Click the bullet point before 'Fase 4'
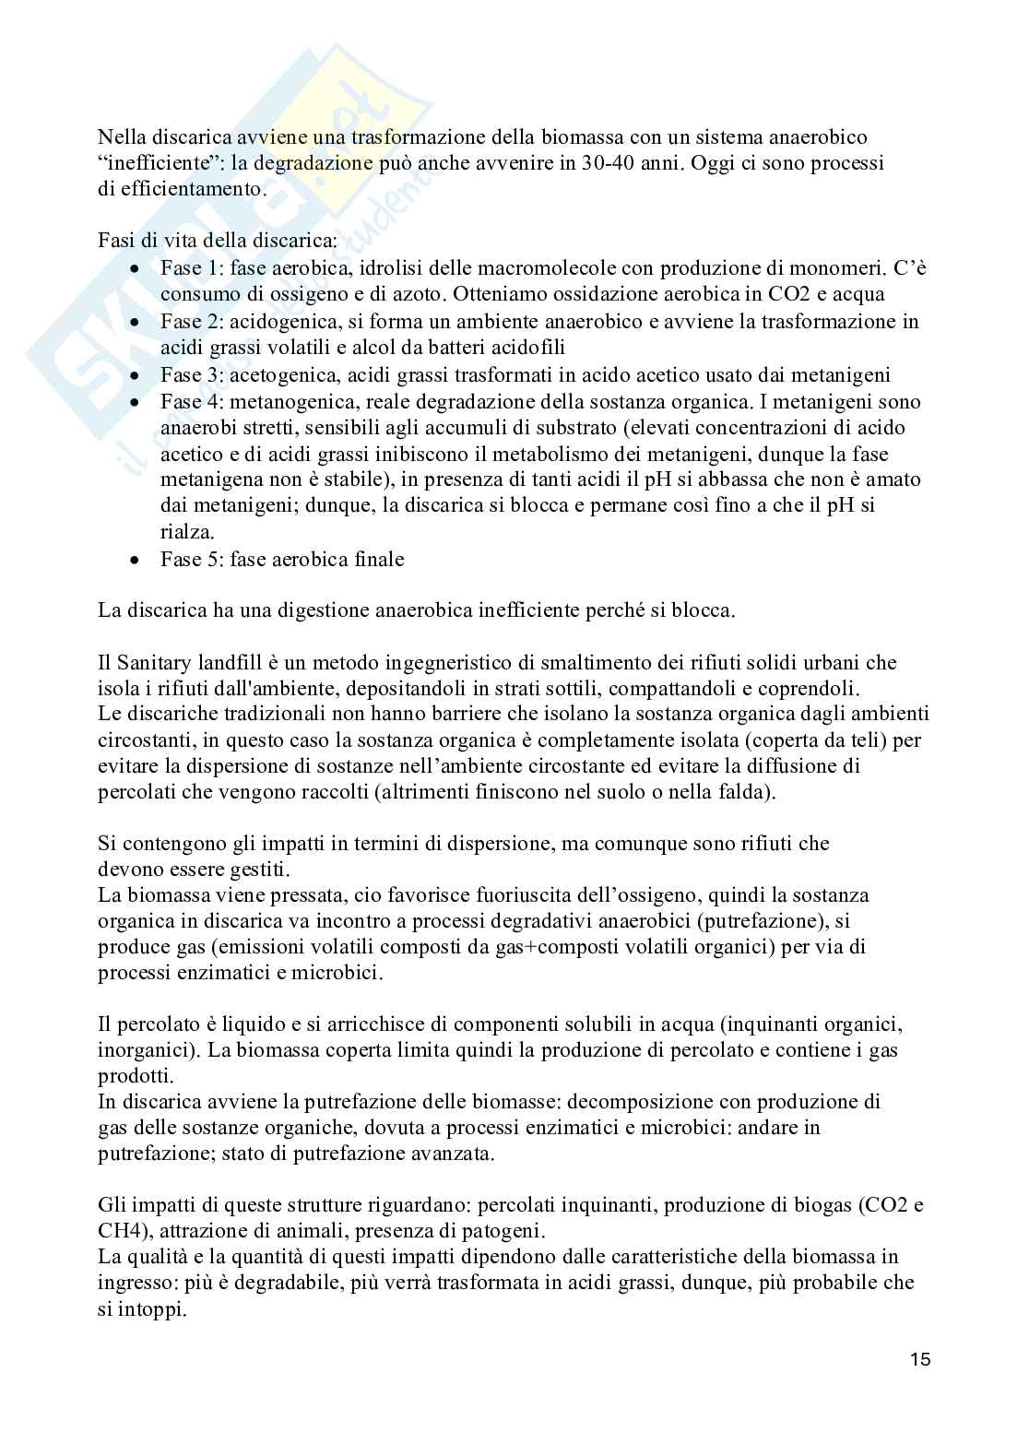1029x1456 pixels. pyautogui.click(x=136, y=402)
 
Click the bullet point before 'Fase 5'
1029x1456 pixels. pyautogui.click(x=136, y=560)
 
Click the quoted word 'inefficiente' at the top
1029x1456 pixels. pyautogui.click(x=152, y=163)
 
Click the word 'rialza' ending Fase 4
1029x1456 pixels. pyautogui.click(x=185, y=532)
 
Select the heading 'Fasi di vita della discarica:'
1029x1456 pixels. pyautogui.click(x=218, y=242)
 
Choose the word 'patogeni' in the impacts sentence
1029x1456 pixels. pyautogui.click(x=662, y=1230)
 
